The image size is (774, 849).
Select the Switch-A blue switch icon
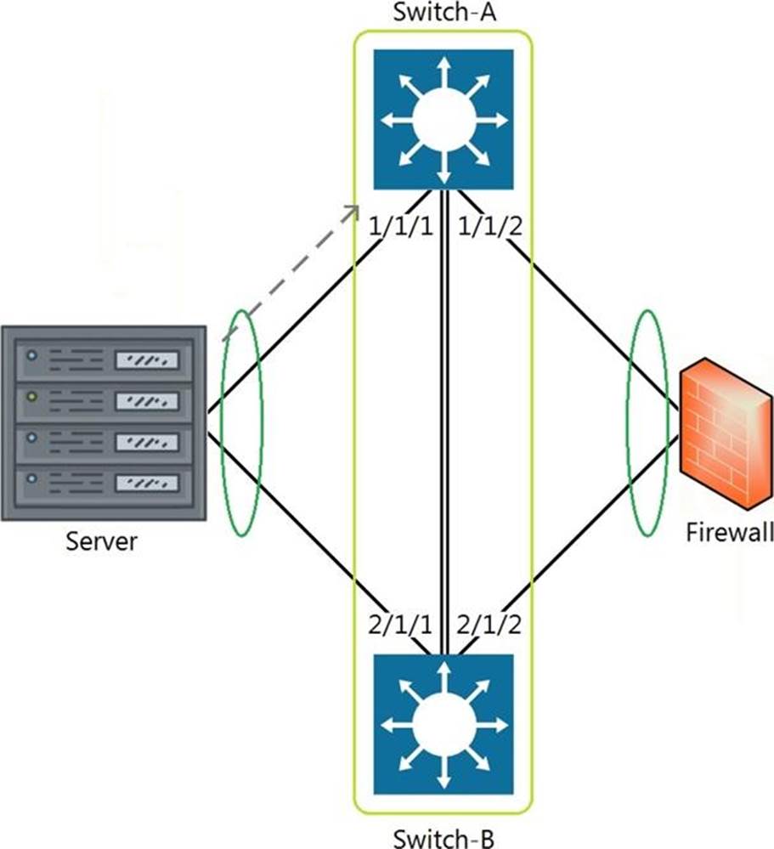click(x=443, y=119)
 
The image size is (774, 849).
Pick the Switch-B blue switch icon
click(x=443, y=723)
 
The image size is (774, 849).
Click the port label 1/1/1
click(x=399, y=229)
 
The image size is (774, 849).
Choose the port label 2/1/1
click(x=399, y=627)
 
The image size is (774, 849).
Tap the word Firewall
click(x=729, y=533)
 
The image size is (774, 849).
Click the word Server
click(x=102, y=541)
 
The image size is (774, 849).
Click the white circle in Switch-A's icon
click(x=443, y=120)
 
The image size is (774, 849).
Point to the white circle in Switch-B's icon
click(x=443, y=724)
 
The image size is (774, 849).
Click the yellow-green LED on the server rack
click(x=32, y=396)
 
